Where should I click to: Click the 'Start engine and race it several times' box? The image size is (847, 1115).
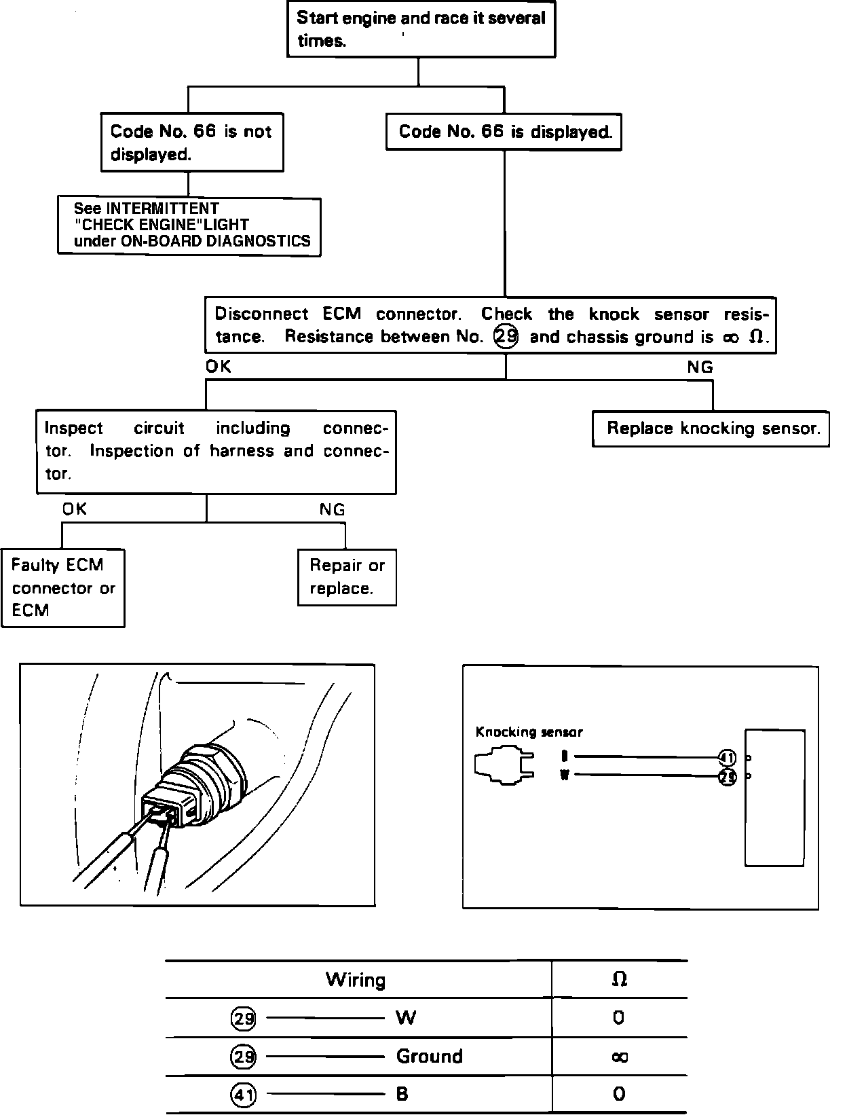(421, 29)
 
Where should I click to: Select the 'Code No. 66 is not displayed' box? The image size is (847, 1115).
(191, 143)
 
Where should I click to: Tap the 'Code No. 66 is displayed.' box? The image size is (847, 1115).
(504, 132)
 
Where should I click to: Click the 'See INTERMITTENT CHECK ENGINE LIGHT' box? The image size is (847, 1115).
(189, 225)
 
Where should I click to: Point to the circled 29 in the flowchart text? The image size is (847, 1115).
(506, 337)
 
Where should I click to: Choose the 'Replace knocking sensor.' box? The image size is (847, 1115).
(711, 428)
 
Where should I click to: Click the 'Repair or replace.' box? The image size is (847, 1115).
(347, 577)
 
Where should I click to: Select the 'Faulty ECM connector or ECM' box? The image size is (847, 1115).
(63, 588)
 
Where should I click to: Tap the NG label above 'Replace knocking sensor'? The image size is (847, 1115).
(700, 367)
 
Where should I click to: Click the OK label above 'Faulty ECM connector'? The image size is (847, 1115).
(75, 509)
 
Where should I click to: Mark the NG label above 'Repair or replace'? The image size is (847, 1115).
(332, 509)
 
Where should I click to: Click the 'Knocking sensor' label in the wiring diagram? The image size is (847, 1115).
(529, 732)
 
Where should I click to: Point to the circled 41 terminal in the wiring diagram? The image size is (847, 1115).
(727, 758)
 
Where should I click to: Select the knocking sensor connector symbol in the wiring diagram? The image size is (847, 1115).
(503, 766)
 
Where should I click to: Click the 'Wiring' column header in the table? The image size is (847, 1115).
(356, 979)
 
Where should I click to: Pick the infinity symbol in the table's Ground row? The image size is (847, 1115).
(619, 1057)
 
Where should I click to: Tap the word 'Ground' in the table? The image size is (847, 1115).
(429, 1057)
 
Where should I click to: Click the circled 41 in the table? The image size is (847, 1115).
(243, 1095)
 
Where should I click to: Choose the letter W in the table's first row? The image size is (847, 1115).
(406, 1018)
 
